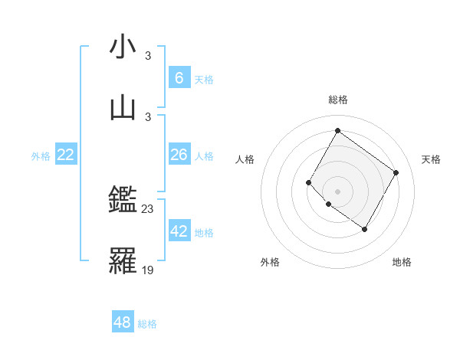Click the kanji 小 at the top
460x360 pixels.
click(123, 47)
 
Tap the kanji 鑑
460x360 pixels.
click(123, 202)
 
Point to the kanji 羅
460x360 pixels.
click(123, 261)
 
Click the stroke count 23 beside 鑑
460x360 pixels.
click(148, 208)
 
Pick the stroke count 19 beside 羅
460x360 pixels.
click(148, 269)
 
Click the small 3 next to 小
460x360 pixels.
click(148, 55)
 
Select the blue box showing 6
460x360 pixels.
click(179, 77)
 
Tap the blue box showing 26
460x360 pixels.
click(179, 155)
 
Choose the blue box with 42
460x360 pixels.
click(179, 231)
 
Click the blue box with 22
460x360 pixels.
click(66, 155)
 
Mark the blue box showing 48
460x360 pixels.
click(123, 322)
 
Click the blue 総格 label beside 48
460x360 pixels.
click(147, 324)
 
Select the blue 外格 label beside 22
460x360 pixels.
click(41, 156)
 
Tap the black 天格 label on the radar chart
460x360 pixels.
click(431, 159)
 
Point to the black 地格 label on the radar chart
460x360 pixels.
click(402, 262)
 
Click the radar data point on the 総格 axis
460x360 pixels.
click(337, 131)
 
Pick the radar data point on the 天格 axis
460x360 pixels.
click(396, 172)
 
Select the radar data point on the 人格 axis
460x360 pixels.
click(309, 182)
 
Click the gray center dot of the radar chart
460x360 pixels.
click(337, 191)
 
